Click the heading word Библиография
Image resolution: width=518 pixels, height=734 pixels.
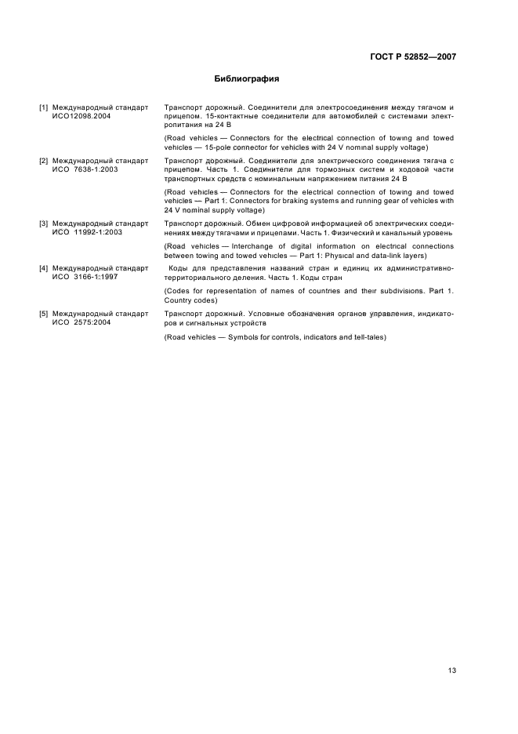(x=247, y=78)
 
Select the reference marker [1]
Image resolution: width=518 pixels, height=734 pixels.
(x=45, y=107)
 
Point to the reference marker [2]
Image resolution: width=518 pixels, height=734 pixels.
(x=45, y=160)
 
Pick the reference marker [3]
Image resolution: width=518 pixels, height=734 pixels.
(x=45, y=223)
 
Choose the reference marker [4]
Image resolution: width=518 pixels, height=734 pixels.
(x=45, y=268)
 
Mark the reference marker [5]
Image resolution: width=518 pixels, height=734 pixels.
(x=45, y=313)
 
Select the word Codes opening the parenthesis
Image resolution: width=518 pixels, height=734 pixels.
(x=179, y=291)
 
